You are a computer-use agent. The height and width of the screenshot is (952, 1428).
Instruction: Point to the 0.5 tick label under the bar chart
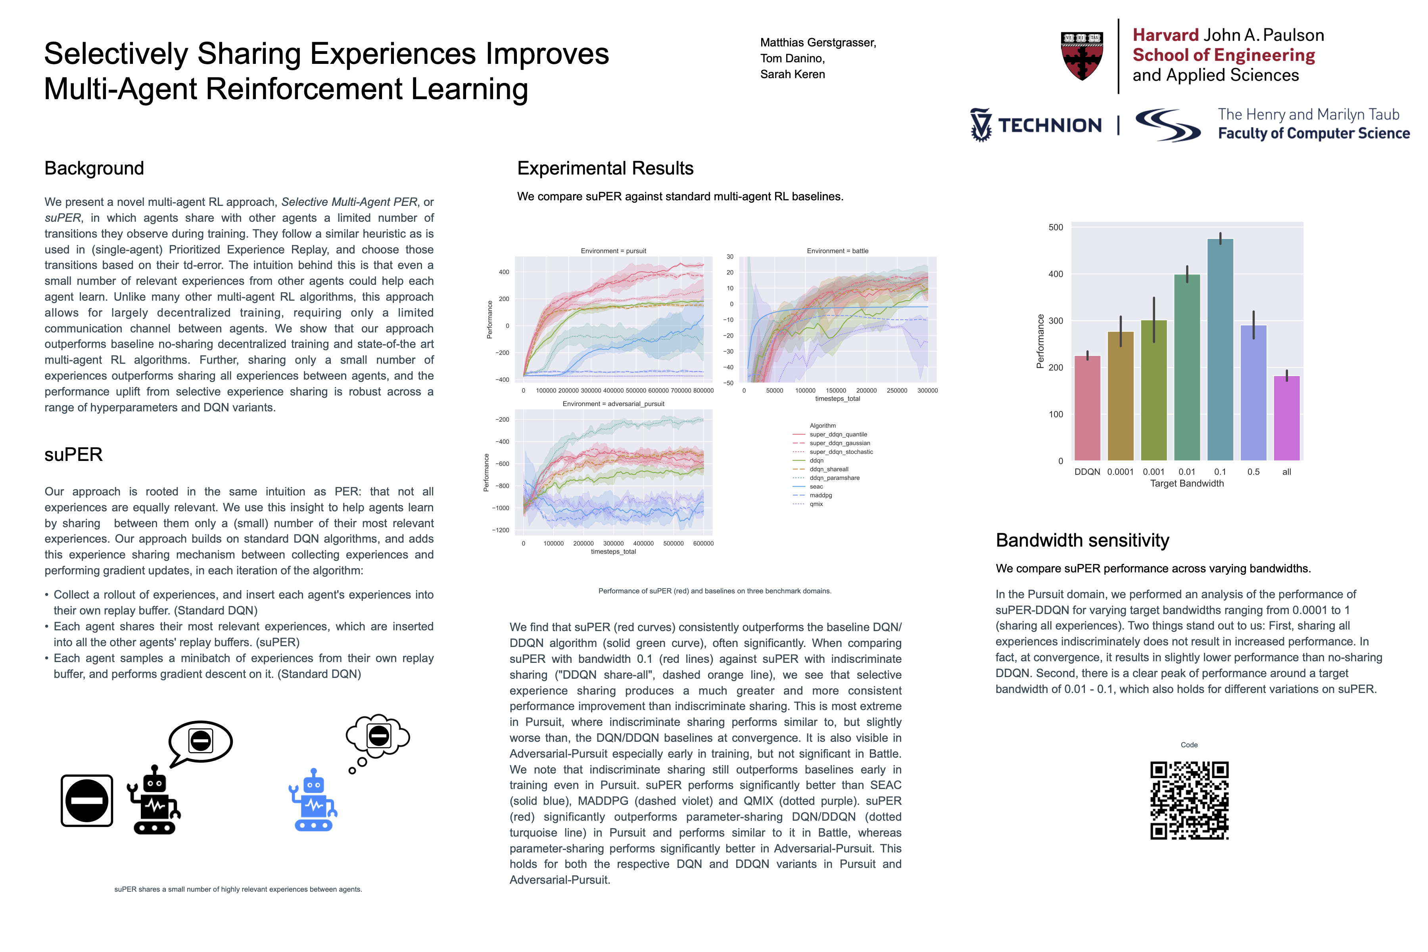(x=1253, y=472)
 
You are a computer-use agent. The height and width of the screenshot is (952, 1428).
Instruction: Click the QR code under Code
(x=1189, y=800)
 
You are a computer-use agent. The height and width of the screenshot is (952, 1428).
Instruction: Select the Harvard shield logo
(x=1082, y=56)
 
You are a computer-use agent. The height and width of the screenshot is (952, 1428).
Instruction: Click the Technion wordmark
(x=1049, y=125)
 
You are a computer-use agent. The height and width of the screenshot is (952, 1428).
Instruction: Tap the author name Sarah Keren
(x=792, y=74)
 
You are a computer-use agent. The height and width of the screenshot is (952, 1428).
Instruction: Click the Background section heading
(x=94, y=168)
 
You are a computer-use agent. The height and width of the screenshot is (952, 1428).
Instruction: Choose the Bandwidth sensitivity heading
(x=1082, y=540)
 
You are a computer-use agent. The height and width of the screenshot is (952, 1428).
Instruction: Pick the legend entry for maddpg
(x=820, y=495)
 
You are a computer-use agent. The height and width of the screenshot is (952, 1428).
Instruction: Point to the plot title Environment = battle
(x=837, y=251)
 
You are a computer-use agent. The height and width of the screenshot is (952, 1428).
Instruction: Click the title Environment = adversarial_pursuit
(x=613, y=404)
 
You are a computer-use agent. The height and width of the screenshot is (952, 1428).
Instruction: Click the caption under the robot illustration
(x=238, y=889)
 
